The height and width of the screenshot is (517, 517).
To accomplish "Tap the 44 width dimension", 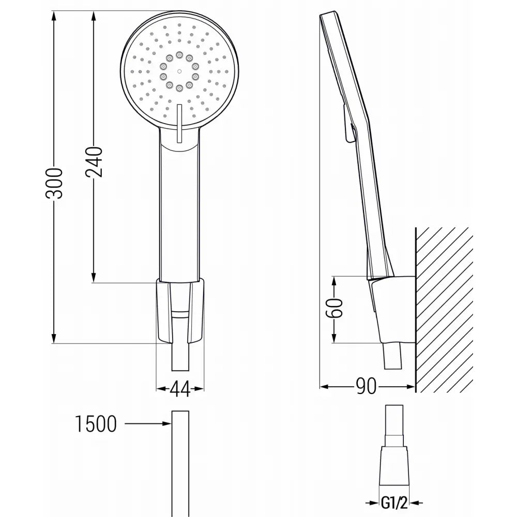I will point(179,388).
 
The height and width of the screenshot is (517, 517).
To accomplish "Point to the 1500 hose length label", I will point(96,424).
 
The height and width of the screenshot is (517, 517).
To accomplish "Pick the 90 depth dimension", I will point(367,386).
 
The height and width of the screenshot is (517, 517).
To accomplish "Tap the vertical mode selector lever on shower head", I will point(179,123).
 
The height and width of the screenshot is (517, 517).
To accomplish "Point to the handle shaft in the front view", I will point(179,217).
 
